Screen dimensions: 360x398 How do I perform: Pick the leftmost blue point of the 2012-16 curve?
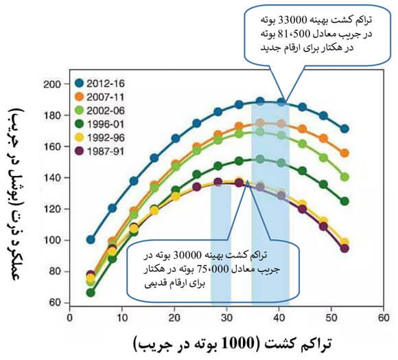(91, 240)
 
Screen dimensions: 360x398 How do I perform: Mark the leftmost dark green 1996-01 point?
(91, 293)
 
